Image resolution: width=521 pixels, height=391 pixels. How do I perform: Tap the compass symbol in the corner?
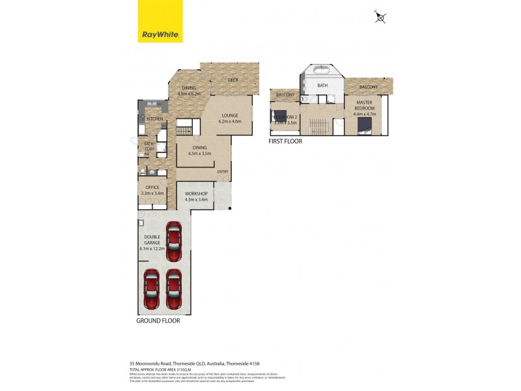[x=380, y=18]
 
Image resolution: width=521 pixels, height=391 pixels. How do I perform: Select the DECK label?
[x=233, y=80]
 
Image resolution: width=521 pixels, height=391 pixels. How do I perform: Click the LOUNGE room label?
[x=230, y=115]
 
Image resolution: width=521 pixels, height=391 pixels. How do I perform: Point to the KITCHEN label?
[x=154, y=119]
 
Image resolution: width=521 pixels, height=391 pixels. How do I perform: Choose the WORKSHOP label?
[x=196, y=194]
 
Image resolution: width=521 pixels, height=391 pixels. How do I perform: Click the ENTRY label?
[x=223, y=172]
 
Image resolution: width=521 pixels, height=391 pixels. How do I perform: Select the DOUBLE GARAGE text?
[x=152, y=241]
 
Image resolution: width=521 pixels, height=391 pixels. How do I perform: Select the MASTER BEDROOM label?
[x=364, y=105]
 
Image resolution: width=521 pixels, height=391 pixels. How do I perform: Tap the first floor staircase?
[x=318, y=124]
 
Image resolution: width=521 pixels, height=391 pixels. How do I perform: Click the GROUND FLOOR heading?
[x=158, y=321]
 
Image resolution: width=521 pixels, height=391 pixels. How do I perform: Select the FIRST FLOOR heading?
[x=285, y=141]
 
